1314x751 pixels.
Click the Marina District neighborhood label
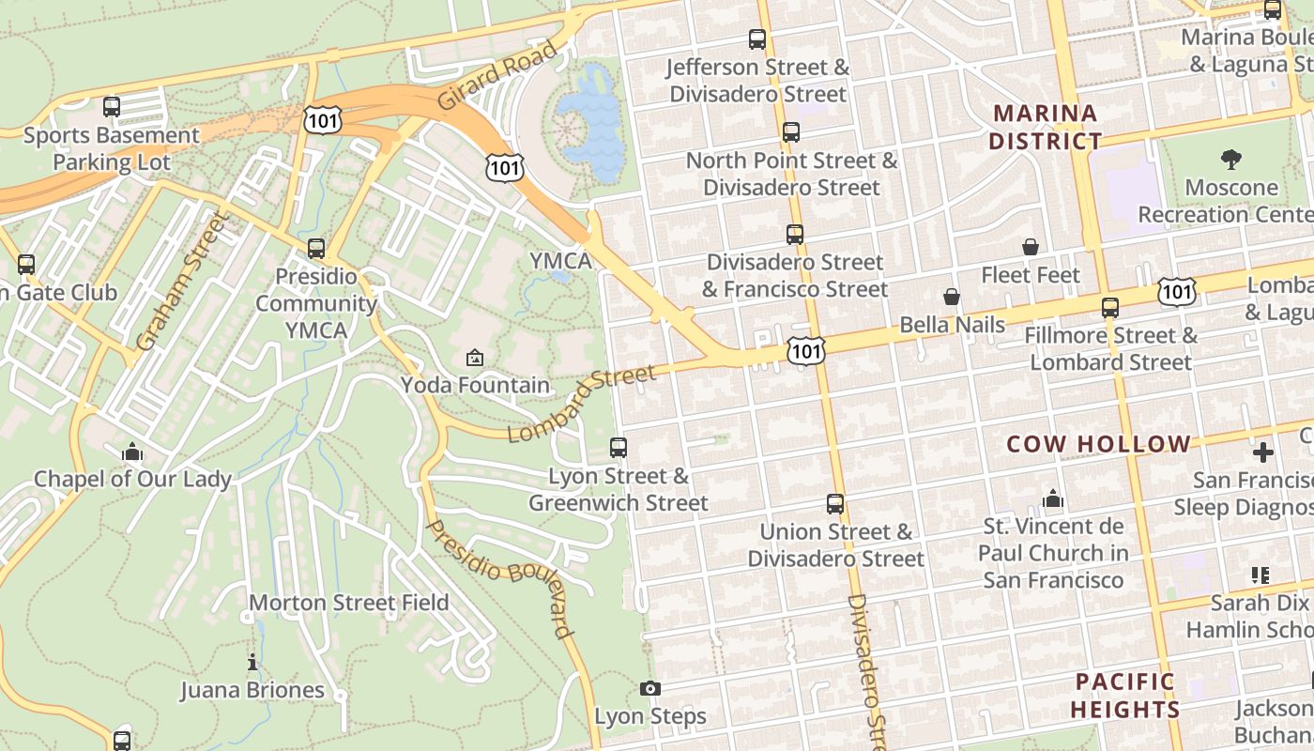(x=1046, y=128)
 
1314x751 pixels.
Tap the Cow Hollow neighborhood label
(x=1098, y=444)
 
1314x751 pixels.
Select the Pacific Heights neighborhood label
(x=1125, y=696)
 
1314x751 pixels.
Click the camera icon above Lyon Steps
(x=649, y=689)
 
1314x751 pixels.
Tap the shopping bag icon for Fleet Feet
(x=1030, y=247)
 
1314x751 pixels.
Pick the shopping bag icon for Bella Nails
(x=952, y=297)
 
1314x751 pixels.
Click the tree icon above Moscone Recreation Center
(x=1231, y=159)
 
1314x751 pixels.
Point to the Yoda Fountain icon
(x=475, y=358)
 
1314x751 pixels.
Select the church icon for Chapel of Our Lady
(x=131, y=452)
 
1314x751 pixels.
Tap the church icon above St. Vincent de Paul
(x=1053, y=498)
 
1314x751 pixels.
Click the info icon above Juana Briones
(x=252, y=663)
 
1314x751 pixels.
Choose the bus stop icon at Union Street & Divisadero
(x=834, y=504)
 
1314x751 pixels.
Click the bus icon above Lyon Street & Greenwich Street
(x=618, y=448)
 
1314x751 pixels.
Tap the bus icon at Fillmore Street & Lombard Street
(x=1110, y=307)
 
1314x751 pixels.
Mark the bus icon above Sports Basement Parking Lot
(x=112, y=107)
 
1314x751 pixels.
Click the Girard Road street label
(x=497, y=75)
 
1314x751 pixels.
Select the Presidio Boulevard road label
(x=498, y=577)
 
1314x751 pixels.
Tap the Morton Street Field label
(x=349, y=603)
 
